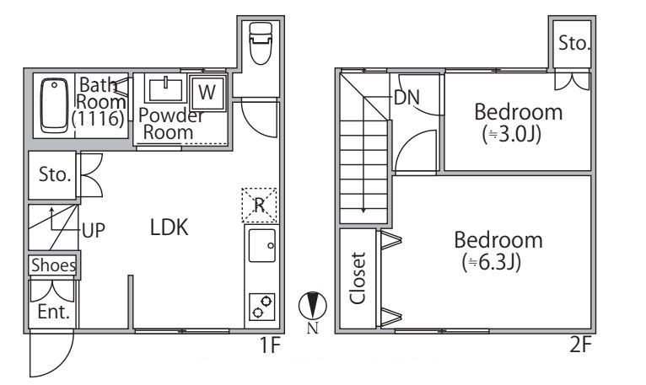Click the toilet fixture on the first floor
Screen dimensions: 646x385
[261, 43]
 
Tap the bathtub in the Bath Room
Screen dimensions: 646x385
[54, 105]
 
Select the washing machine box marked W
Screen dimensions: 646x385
[207, 92]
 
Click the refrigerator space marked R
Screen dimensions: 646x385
[260, 205]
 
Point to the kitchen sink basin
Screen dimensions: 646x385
[262, 245]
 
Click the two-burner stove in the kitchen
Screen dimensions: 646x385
[262, 307]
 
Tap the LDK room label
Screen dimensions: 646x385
[169, 227]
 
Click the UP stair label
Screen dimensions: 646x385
[94, 231]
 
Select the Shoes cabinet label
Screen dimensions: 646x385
[54, 265]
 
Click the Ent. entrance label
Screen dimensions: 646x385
[54, 312]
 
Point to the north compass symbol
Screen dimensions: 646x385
[313, 306]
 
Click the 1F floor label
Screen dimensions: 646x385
[270, 345]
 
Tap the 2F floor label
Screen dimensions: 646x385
[581, 345]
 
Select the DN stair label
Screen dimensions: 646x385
[406, 98]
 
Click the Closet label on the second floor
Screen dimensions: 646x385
[358, 278]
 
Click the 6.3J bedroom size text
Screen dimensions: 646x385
[492, 262]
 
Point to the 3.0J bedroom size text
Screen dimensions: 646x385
[511, 134]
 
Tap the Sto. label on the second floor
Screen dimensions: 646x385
[574, 43]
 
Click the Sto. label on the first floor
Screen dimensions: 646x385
[55, 174]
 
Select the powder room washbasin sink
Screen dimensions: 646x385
[165, 89]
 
